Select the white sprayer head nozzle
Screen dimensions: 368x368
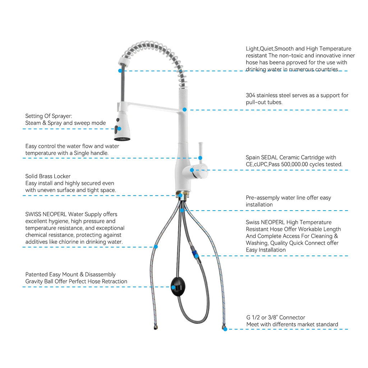pos(122,127)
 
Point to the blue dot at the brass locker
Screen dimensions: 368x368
pos(180,195)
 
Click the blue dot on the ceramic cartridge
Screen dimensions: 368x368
pos(192,170)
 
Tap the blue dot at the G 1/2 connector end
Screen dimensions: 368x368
pos(225,329)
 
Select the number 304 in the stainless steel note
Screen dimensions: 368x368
pos(250,96)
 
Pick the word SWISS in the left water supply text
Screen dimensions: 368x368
pos(32,214)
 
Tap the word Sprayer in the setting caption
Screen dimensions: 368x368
pos(63,116)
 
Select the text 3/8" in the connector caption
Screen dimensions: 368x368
pos(273,318)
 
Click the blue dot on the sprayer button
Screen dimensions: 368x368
pos(119,129)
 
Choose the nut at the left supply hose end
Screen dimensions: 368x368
pos(156,327)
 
